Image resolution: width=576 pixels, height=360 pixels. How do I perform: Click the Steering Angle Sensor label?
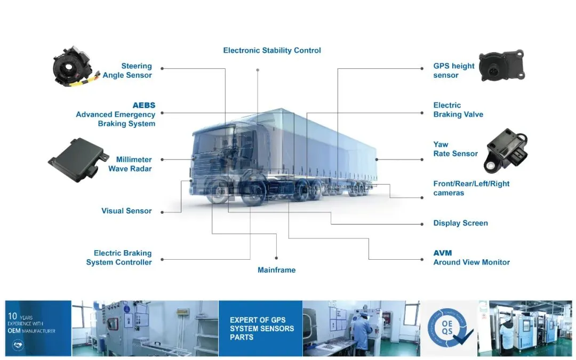tap(127, 70)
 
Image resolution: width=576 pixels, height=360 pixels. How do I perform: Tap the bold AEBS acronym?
tap(144, 105)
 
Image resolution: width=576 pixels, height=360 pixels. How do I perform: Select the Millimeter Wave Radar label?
tap(130, 164)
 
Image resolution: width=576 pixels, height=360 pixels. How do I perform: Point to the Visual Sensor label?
tap(126, 211)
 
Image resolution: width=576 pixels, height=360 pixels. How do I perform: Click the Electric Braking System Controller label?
tap(119, 258)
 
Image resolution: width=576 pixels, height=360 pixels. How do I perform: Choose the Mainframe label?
tap(276, 270)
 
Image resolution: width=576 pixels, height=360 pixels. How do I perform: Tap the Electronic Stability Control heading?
tap(272, 51)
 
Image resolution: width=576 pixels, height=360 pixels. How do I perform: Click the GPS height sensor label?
tap(453, 70)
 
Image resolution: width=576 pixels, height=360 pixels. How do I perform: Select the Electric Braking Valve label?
tap(458, 110)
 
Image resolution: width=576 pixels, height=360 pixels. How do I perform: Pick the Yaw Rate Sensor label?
tap(455, 149)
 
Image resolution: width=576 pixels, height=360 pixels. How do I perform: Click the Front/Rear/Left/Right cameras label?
tap(471, 188)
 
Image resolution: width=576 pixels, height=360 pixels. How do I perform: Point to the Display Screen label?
tap(460, 223)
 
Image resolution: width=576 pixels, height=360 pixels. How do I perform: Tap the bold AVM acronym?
tap(443, 253)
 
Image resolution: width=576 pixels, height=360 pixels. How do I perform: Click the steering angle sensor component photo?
tap(73, 68)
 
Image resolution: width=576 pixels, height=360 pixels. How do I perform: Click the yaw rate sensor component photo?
tap(506, 151)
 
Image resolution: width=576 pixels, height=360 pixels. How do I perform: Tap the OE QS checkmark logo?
tap(449, 327)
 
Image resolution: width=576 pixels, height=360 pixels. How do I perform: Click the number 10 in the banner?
tap(13, 316)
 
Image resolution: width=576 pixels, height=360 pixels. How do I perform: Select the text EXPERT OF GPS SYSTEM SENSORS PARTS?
tap(261, 328)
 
